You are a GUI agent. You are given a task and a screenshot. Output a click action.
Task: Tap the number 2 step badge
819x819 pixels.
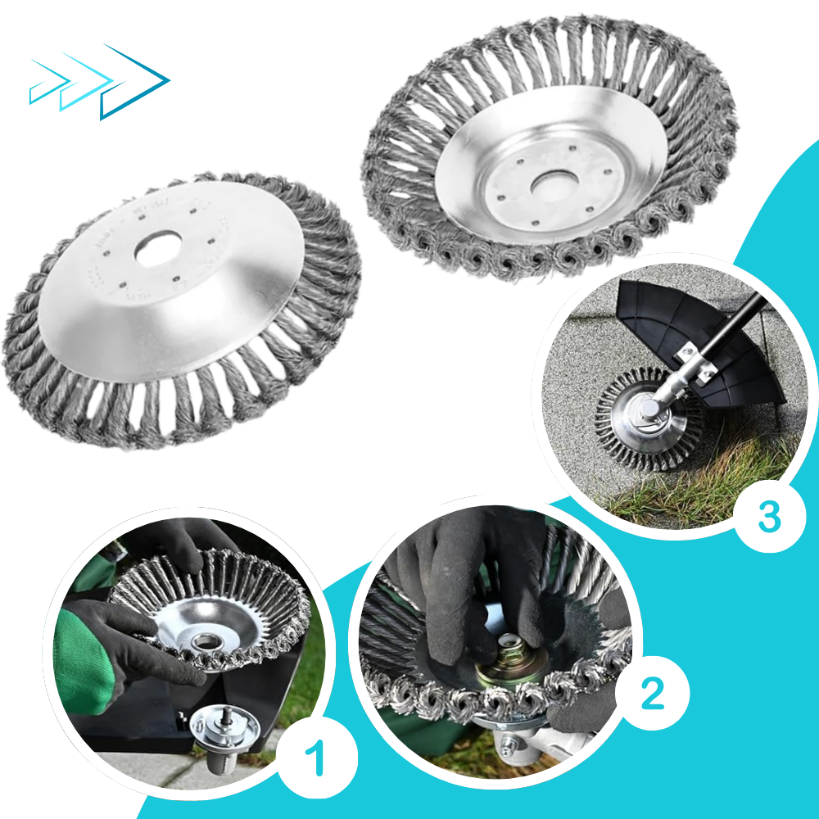point(651,694)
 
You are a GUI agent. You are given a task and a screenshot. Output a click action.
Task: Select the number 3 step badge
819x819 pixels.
point(768,515)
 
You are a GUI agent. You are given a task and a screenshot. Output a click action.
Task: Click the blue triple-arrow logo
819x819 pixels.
point(98,82)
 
